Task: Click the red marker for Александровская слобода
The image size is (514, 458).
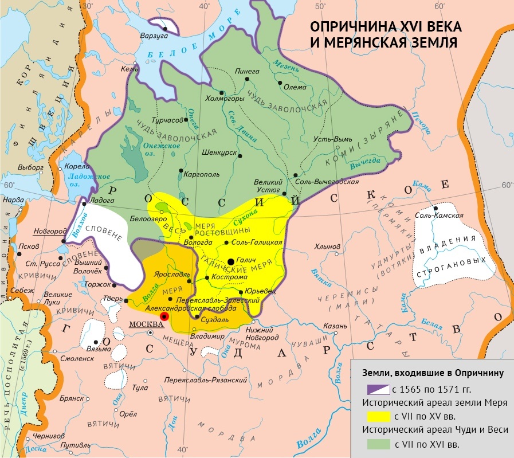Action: tap(164, 316)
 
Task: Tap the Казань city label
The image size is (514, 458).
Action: tap(335, 325)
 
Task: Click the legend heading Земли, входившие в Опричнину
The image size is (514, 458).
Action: tap(431, 373)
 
